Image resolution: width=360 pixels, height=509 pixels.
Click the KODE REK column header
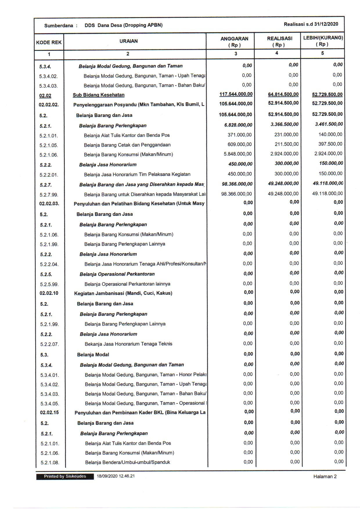pyautogui.click(x=49, y=42)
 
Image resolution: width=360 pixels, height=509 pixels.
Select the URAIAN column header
pyautogui.click(x=128, y=41)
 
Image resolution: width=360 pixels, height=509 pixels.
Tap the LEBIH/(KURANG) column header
pyautogui.click(x=323, y=41)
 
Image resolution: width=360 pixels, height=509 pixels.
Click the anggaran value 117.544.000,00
pyautogui.click(x=236, y=94)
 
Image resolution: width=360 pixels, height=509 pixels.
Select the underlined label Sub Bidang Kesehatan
pyautogui.click(x=98, y=95)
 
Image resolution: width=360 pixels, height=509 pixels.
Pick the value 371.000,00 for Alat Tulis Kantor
pyautogui.click(x=240, y=135)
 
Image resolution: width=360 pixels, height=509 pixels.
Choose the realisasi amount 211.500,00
pyautogui.click(x=286, y=144)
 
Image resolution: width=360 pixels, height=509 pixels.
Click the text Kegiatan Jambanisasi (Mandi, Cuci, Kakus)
pyautogui.click(x=123, y=293)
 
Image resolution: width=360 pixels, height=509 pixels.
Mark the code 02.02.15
pyautogui.click(x=49, y=413)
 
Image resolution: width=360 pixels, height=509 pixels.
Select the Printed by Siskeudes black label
pyautogui.click(x=65, y=476)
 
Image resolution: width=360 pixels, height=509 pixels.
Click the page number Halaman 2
pyautogui.click(x=325, y=476)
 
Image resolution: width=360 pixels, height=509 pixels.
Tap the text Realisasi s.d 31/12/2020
pyautogui.click(x=311, y=24)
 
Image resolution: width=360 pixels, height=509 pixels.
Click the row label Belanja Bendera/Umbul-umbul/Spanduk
pyautogui.click(x=127, y=462)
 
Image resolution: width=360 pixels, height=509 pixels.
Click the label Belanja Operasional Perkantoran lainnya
pyautogui.click(x=127, y=284)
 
